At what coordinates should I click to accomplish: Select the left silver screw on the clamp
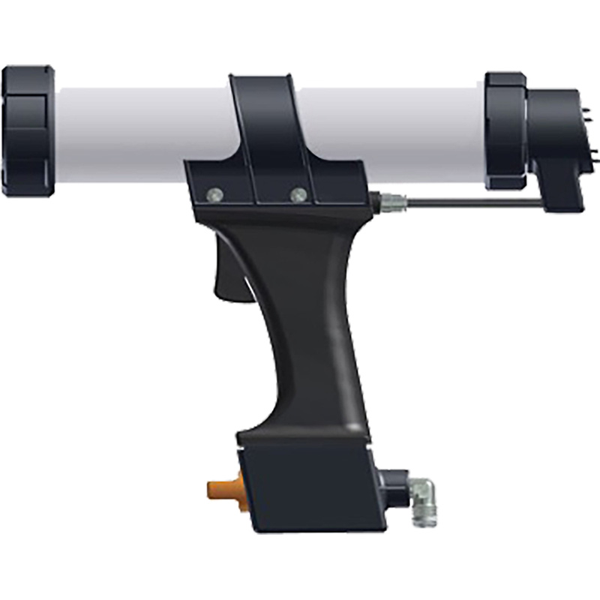(214, 194)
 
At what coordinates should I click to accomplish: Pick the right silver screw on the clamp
(297, 194)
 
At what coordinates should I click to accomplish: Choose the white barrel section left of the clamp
(142, 135)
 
